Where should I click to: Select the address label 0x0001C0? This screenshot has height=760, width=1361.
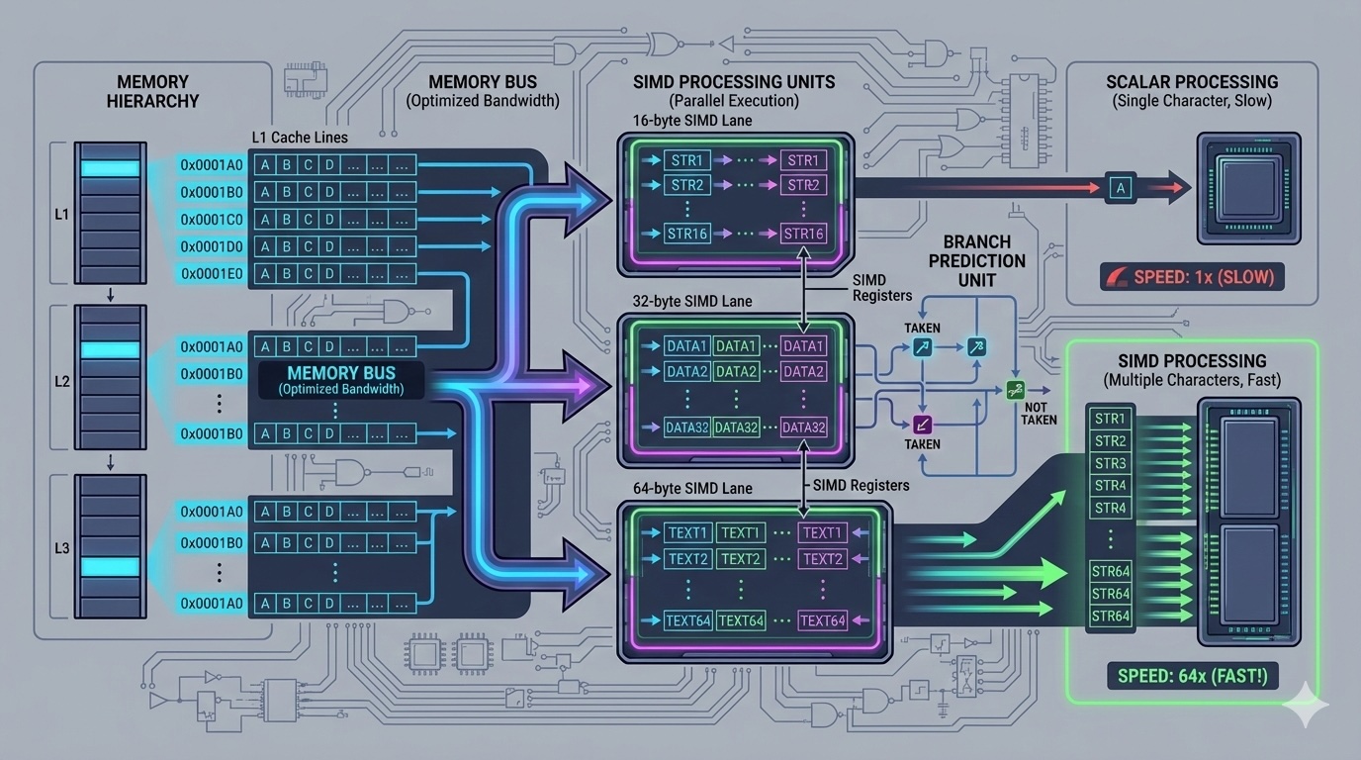coord(212,219)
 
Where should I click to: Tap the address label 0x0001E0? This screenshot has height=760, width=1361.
coord(212,273)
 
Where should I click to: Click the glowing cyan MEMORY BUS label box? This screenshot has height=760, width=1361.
coord(341,381)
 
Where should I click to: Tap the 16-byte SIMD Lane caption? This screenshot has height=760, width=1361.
coord(692,121)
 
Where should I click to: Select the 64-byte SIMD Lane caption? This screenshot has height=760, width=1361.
coord(692,488)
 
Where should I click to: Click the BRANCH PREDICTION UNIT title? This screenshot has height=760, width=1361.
coord(977,261)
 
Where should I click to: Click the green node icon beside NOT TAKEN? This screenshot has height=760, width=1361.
coord(1014,391)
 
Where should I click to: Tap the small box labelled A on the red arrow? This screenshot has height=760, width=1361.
coord(1120,187)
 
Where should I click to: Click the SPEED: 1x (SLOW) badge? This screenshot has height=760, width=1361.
coord(1192,276)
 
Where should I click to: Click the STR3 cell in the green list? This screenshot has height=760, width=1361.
coord(1110,463)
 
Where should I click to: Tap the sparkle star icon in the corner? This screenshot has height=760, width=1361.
coord(1305,705)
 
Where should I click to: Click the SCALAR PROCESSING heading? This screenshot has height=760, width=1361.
coord(1192,82)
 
